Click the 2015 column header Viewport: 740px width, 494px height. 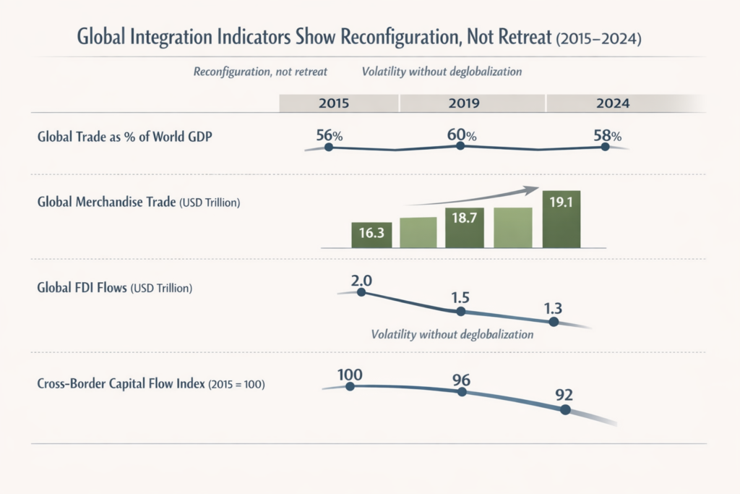coord(333,103)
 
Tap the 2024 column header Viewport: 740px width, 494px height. coord(613,103)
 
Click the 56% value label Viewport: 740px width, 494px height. coord(329,135)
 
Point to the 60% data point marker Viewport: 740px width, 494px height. coord(460,147)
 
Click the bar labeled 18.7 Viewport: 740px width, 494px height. coord(465,228)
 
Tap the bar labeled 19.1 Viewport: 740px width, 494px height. coord(562,219)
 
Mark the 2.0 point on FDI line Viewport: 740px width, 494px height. coord(361,293)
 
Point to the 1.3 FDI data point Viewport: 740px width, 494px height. coord(554,322)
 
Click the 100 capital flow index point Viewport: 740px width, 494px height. coord(350,386)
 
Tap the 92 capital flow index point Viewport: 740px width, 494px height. coord(565,409)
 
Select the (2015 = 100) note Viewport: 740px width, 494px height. coord(236,386)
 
